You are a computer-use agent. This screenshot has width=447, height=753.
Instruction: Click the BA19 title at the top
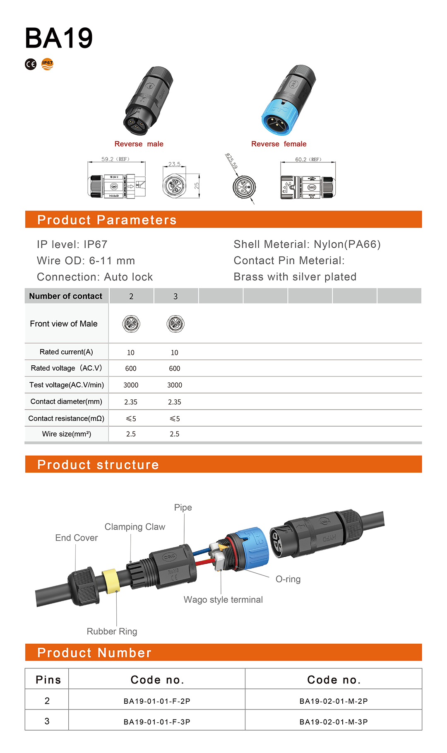(59, 38)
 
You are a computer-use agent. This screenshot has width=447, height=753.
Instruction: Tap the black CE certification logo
(31, 64)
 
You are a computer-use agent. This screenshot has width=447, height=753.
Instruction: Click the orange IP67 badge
(48, 64)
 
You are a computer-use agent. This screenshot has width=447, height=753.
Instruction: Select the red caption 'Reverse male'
(139, 144)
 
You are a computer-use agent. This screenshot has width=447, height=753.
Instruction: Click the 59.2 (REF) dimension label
(115, 159)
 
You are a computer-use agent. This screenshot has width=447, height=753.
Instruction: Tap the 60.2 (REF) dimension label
(308, 159)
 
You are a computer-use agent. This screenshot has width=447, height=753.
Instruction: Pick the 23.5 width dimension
(174, 164)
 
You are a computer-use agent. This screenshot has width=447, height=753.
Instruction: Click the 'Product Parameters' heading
(107, 220)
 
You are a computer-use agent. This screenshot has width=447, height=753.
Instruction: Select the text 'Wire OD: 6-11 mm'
(86, 261)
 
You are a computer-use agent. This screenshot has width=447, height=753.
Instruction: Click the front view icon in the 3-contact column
(175, 324)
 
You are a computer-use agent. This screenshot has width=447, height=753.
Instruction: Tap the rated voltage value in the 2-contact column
(131, 368)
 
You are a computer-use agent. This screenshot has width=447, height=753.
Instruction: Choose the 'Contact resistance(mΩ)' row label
(66, 418)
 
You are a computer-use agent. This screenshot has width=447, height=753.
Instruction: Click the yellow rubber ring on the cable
(111, 581)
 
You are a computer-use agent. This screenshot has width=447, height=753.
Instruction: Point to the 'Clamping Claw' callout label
(135, 527)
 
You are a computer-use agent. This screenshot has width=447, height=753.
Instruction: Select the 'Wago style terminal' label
(223, 600)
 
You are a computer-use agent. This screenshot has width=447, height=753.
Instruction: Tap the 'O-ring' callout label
(288, 579)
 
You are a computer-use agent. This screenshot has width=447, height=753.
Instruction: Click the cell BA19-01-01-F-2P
(157, 701)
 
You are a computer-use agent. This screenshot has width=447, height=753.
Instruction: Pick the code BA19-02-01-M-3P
(334, 722)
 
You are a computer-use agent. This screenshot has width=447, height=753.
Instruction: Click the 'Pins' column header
(48, 680)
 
